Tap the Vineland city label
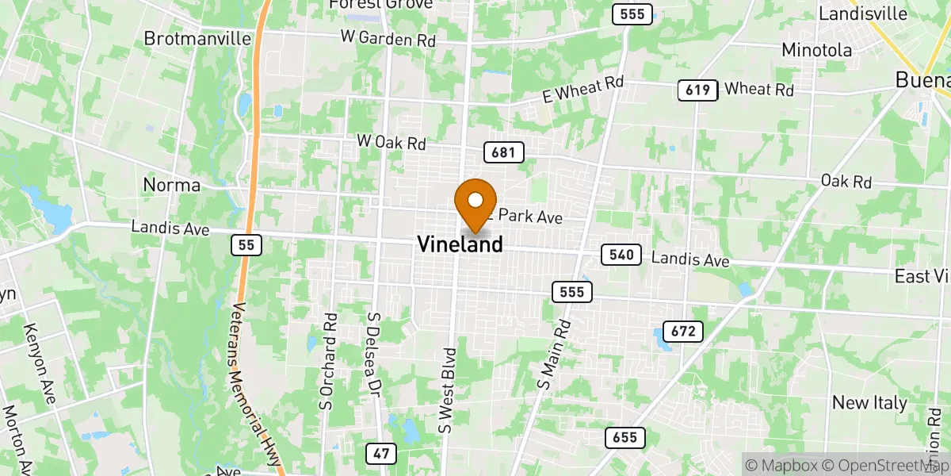click(x=460, y=244)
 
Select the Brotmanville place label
click(x=197, y=38)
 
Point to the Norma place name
click(x=172, y=185)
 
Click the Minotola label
click(x=816, y=50)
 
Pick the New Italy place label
click(x=869, y=403)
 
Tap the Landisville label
click(x=863, y=13)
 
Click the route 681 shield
click(x=504, y=153)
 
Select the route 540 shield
click(x=621, y=255)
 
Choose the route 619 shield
click(x=697, y=90)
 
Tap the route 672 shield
click(x=684, y=332)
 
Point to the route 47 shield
click(x=381, y=454)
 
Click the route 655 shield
click(x=625, y=437)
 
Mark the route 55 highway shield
click(x=246, y=246)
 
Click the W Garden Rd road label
click(x=388, y=37)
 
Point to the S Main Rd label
click(x=554, y=354)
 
